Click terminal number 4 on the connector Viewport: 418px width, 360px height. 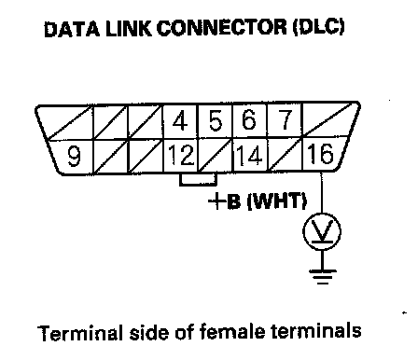tap(180, 121)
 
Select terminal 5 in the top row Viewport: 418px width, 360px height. tap(216, 121)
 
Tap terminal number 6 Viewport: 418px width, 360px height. tap(249, 121)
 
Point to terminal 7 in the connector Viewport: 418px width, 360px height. tap(286, 121)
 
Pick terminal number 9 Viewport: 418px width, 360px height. tap(74, 156)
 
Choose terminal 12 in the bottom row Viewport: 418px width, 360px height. tap(181, 155)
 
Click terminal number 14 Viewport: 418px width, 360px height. tap(249, 155)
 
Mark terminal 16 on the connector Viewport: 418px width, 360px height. tap(320, 154)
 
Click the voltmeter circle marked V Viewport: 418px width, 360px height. tap(322, 232)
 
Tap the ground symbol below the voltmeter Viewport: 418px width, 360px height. tap(323, 276)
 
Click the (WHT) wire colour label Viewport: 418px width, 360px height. tap(277, 201)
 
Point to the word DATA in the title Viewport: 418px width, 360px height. tap(72, 29)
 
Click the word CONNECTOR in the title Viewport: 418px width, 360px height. tap(221, 28)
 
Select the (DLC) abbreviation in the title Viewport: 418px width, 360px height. tap(318, 27)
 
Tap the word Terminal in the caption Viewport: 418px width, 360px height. tap(79, 332)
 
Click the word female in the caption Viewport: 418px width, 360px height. tap(232, 331)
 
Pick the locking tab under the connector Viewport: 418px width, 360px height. tap(198, 179)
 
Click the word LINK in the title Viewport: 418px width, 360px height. tap(129, 29)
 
